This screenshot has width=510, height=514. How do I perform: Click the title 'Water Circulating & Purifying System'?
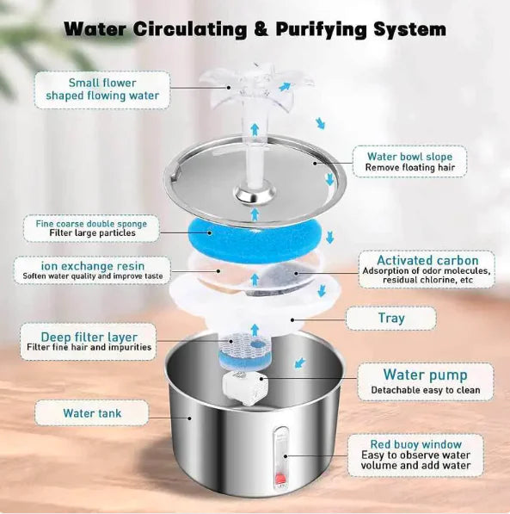pos(255,28)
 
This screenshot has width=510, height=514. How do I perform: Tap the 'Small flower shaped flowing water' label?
pos(101,89)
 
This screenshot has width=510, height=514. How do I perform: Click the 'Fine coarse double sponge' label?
pos(90,228)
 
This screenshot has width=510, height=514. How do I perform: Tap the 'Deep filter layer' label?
pos(89,340)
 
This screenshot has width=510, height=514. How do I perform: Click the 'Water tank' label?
pos(91,413)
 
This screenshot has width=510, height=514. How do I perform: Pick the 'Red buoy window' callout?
pos(415,455)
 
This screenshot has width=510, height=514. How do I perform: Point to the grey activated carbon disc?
pos(280,275)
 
